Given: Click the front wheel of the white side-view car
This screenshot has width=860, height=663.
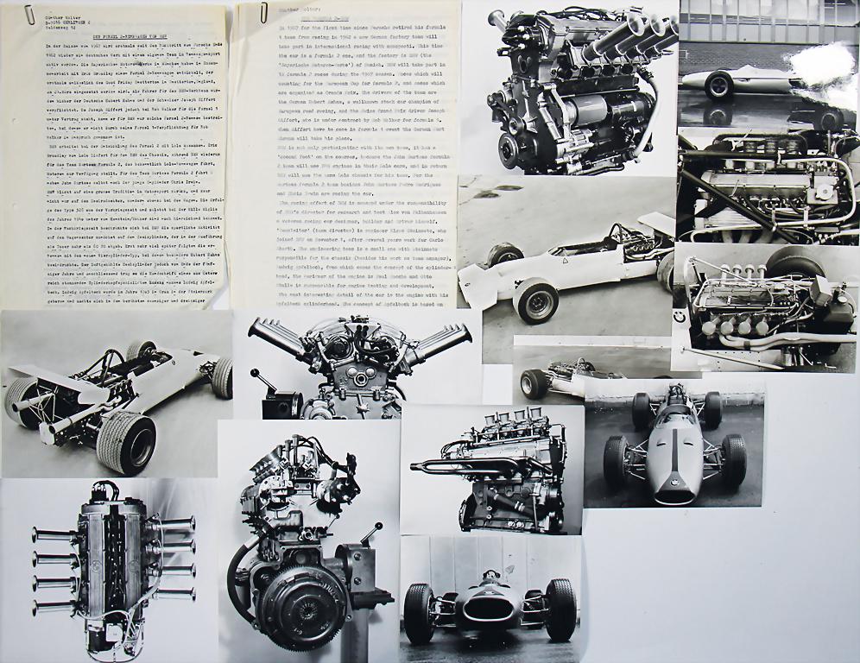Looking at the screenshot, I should pos(535,299).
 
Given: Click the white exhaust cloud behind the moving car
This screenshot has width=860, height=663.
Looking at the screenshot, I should pos(825,62).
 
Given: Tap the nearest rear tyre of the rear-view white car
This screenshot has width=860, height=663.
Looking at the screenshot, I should pos(126,441).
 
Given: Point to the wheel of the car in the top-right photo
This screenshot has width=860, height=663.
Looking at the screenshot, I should pos(718,85).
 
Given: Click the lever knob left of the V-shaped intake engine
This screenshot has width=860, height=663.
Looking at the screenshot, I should pos(256,375).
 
